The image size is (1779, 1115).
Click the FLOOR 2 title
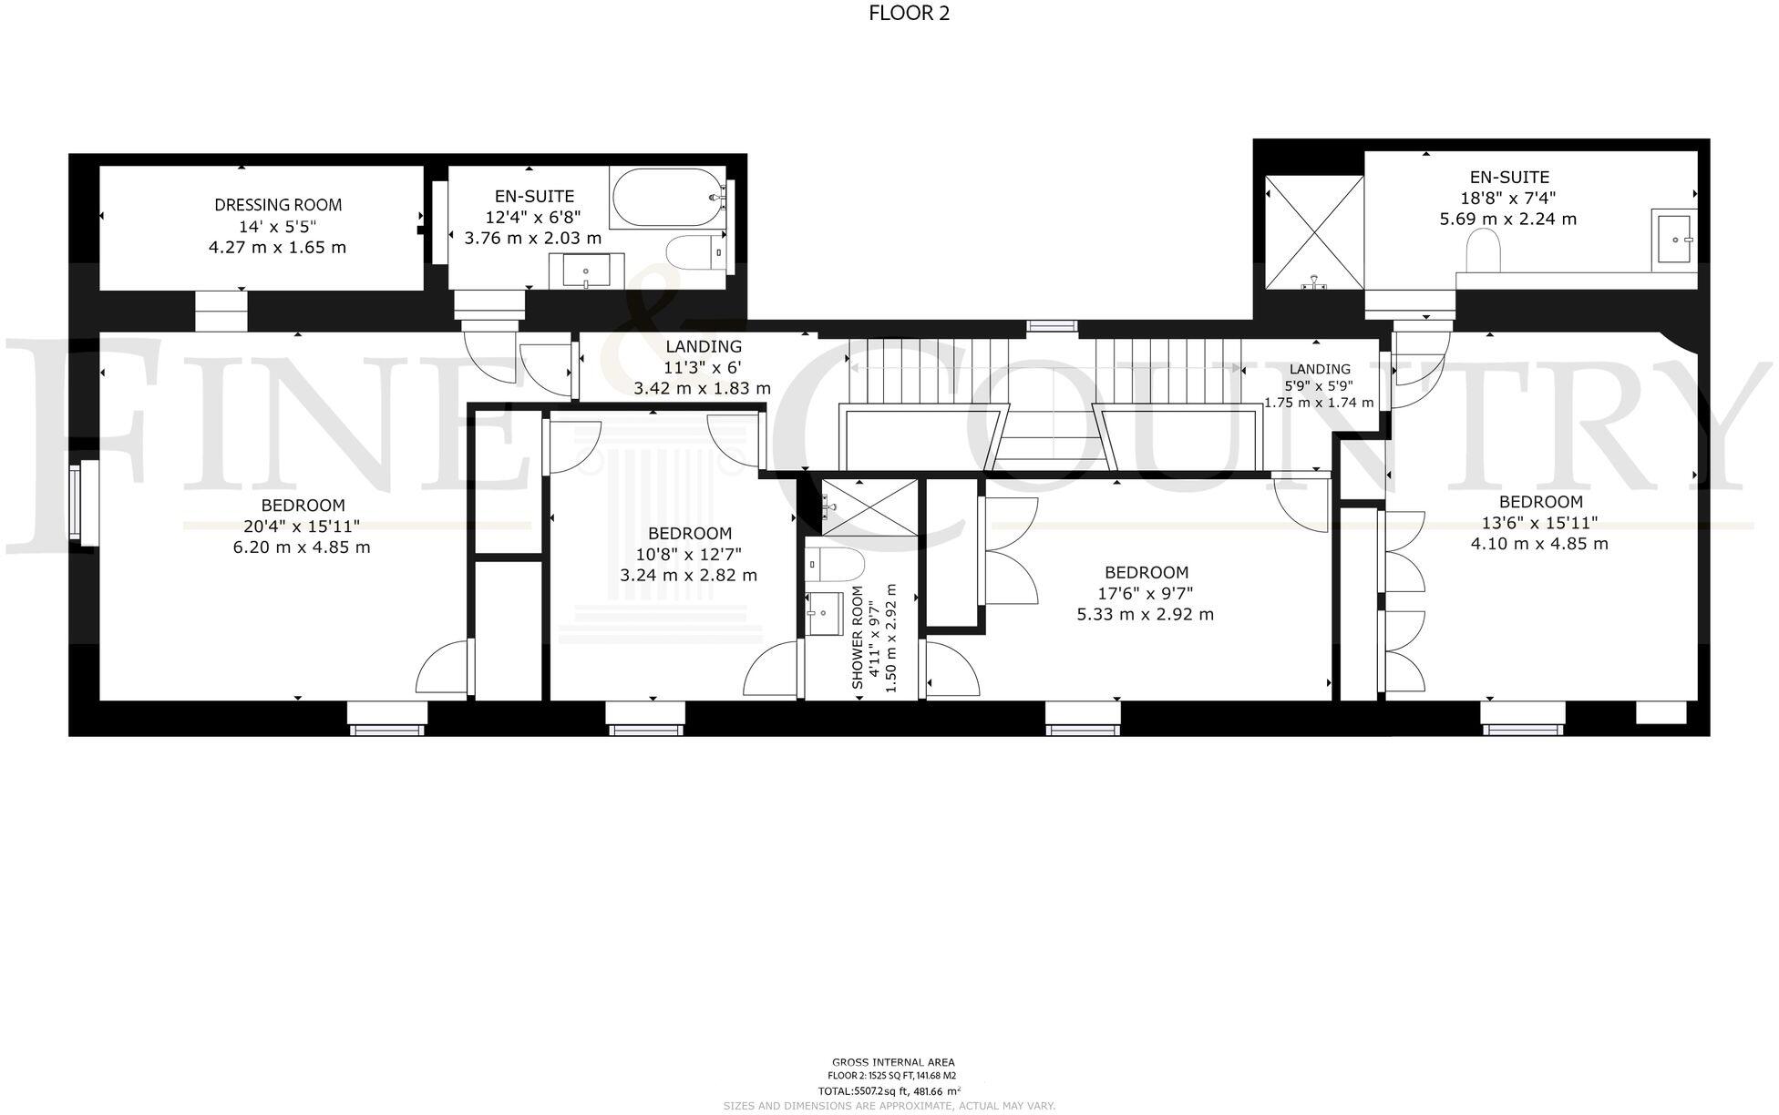point(909,13)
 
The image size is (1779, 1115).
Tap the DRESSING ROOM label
point(278,205)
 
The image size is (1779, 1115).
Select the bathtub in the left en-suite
point(667,197)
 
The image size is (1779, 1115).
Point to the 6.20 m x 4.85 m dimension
point(302,547)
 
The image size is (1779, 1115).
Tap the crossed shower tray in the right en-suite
point(1313,231)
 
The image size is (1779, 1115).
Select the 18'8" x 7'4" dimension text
point(1508,198)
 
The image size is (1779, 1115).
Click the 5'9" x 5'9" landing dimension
point(1319,385)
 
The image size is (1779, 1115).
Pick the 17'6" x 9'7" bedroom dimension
point(1146,593)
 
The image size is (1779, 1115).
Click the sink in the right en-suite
point(1674,237)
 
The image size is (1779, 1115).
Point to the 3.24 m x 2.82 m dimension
point(688,576)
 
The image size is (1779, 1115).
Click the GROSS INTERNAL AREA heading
point(892,1062)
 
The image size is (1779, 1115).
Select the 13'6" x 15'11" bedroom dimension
point(1539,523)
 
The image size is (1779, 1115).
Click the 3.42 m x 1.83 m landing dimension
point(702,388)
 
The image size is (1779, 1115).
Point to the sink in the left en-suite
point(585,270)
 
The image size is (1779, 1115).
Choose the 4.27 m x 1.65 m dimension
point(278,248)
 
